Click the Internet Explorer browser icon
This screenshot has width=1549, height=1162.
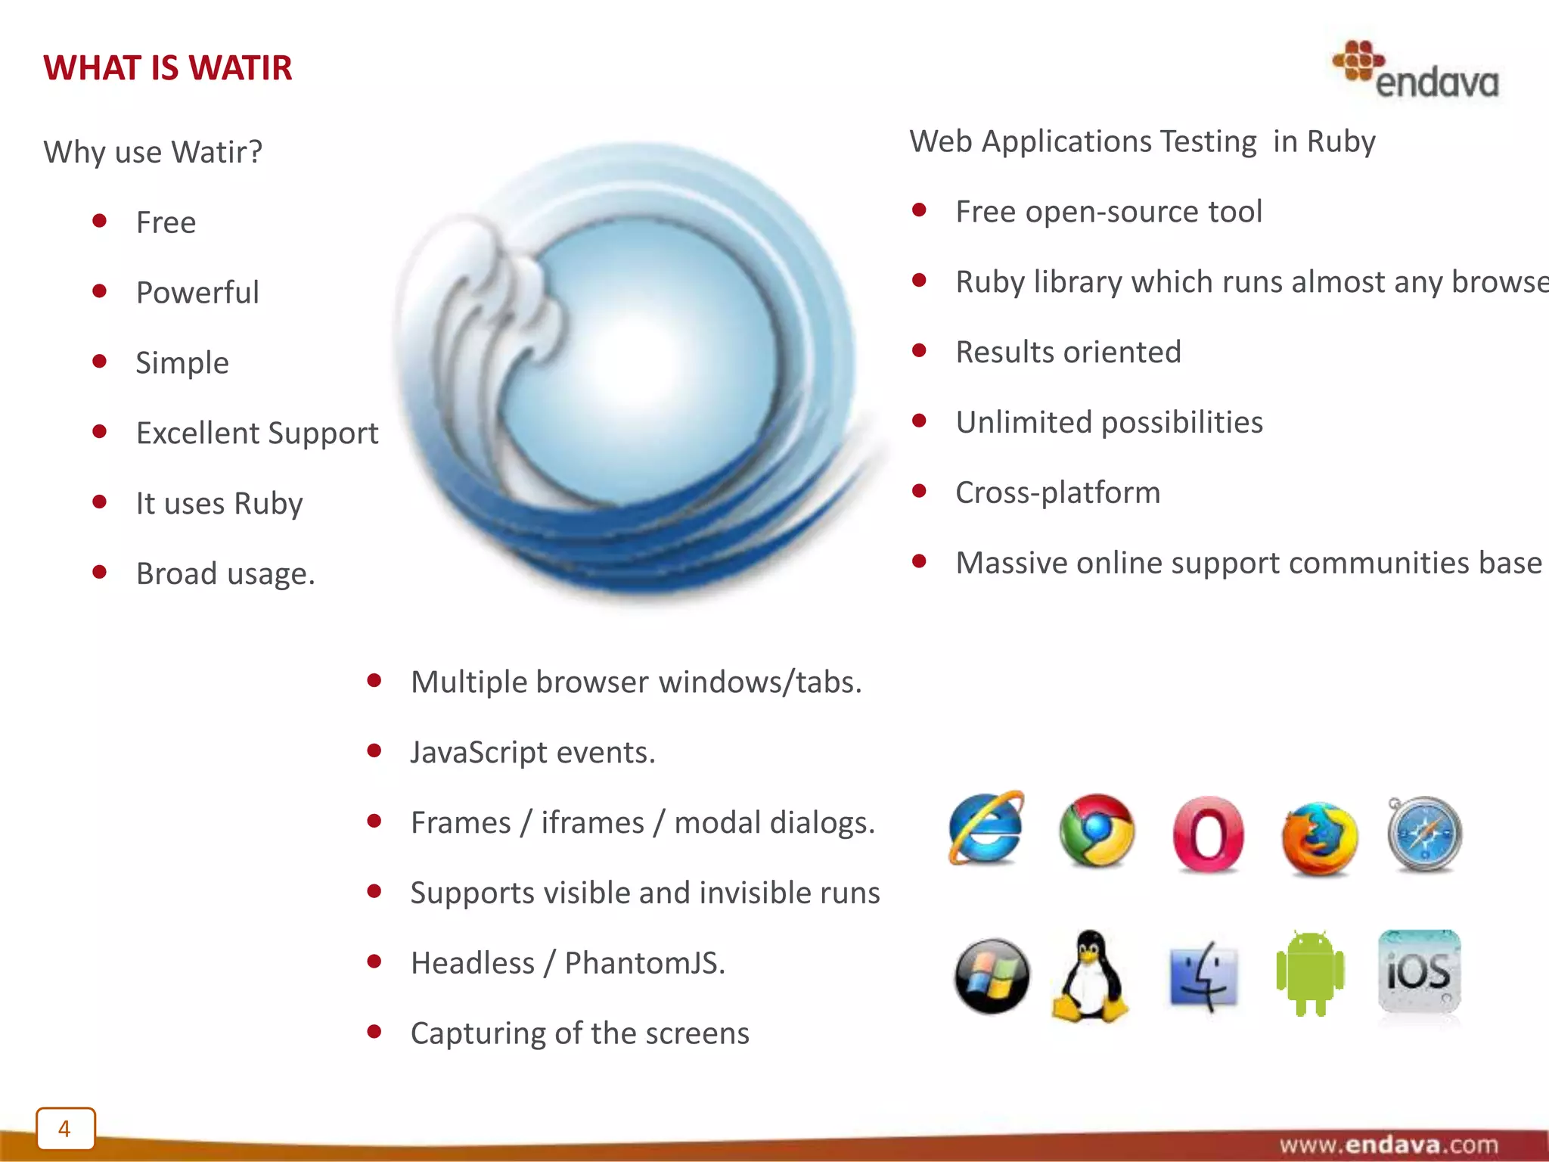[x=986, y=829]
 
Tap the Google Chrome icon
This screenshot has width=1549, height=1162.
[x=1097, y=831]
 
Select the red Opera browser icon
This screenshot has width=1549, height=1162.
[x=1208, y=834]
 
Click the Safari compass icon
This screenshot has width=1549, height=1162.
[x=1425, y=834]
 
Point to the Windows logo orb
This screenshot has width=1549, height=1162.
[x=992, y=976]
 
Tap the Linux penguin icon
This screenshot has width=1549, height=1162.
[x=1090, y=977]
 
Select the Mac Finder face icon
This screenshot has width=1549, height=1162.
[x=1203, y=977]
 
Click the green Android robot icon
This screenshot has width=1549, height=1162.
[x=1310, y=974]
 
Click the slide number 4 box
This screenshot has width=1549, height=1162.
[x=65, y=1129]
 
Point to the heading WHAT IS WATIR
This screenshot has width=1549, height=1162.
[x=167, y=68]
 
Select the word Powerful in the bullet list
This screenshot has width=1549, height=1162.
[x=197, y=293]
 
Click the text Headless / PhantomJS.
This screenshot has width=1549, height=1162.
[x=567, y=963]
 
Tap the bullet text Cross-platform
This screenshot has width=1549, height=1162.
[x=1057, y=492]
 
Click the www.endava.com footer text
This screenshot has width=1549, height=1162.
[x=1389, y=1144]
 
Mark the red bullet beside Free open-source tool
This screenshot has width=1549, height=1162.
[x=919, y=210]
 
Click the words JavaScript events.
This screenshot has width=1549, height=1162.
[x=532, y=753]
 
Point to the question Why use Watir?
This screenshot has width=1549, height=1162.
[x=153, y=152]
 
